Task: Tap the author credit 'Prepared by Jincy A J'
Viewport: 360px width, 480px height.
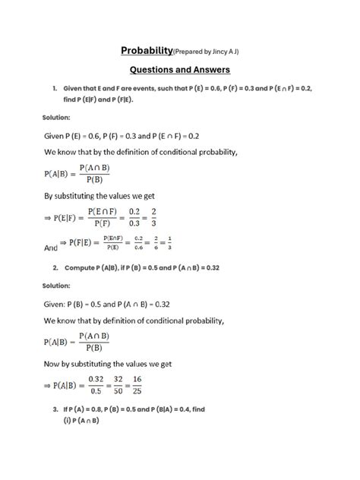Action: [211, 52]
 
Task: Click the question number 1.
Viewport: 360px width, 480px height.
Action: [55, 88]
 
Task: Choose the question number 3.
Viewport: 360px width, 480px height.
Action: [55, 409]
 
